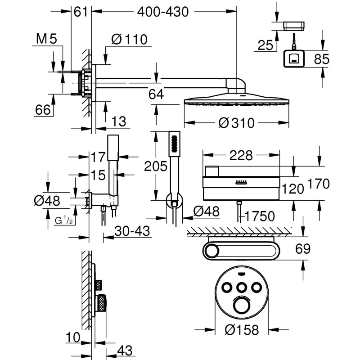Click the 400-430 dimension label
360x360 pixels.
pos(163,12)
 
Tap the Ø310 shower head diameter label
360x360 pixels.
pos(237,123)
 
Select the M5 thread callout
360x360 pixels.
pos(47,39)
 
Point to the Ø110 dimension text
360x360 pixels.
pos(129,40)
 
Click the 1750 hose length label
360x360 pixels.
pos(260,216)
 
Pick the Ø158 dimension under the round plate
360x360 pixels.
pos(242,330)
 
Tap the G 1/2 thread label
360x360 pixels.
pos(63,220)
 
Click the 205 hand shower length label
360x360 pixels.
pos(156,166)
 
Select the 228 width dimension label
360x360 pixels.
pos(241,155)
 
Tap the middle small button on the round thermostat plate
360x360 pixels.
pos(242,287)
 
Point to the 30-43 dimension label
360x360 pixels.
pos(132,231)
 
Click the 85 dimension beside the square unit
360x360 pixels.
pos(322,59)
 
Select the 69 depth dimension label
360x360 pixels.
pos(303,249)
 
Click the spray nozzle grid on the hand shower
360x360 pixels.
pos(175,144)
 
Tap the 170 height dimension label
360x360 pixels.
pos(318,184)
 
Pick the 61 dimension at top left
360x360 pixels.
pos(81,12)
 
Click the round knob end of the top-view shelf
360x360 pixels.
pos(211,251)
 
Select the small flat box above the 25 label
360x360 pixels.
pos(294,26)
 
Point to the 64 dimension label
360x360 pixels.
pos(156,94)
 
